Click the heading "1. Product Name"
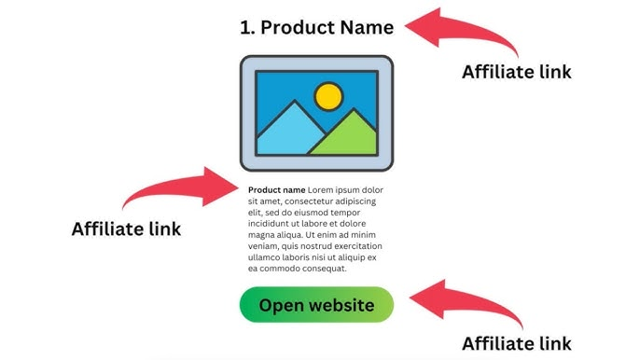(x=316, y=27)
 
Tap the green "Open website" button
(x=316, y=305)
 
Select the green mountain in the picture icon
(x=346, y=136)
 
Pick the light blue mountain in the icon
(x=284, y=133)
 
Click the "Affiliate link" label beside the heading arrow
(x=517, y=72)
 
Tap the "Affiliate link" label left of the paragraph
(x=126, y=228)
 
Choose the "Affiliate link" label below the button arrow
(x=517, y=342)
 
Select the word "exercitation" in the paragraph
(x=356, y=246)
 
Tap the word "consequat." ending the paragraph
(x=322, y=269)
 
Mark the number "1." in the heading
(x=248, y=27)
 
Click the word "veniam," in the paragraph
(x=266, y=246)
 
